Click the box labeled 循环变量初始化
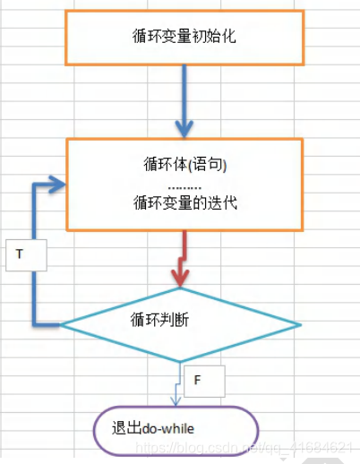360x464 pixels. pyautogui.click(x=184, y=37)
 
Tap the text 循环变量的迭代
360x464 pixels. pyautogui.click(x=184, y=202)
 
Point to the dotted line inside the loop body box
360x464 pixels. pyautogui.click(x=184, y=184)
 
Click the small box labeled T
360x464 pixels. pyautogui.click(x=21, y=253)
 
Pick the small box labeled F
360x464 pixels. pyautogui.click(x=197, y=381)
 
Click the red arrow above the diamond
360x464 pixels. pyautogui.click(x=184, y=255)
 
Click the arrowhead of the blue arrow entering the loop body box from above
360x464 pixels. pyautogui.click(x=184, y=127)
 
